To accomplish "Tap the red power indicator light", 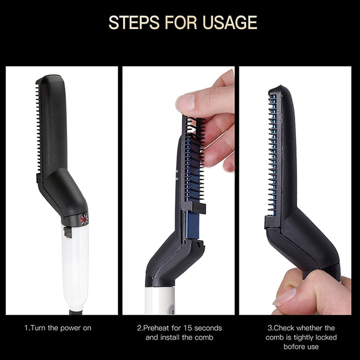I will click(x=84, y=219).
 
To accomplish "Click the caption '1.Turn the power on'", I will click(x=58, y=328).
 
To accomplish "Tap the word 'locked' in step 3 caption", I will click(x=331, y=337).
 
